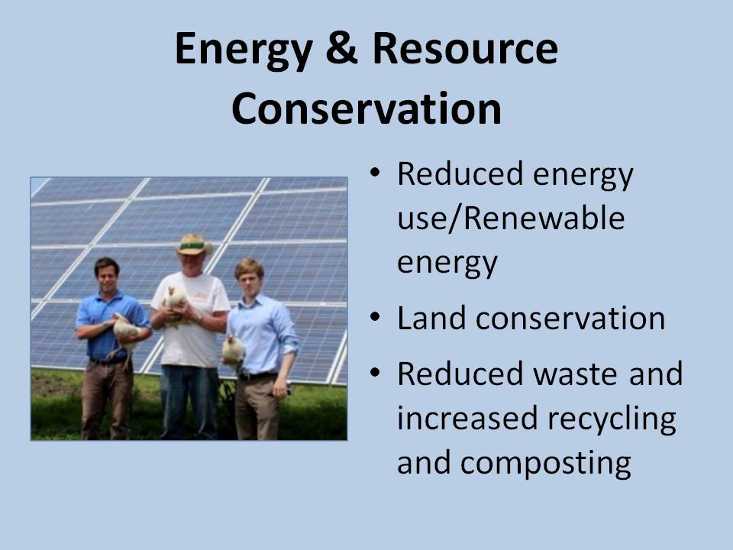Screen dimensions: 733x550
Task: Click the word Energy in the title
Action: [x=244, y=50]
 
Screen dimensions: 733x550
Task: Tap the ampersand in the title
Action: [x=342, y=48]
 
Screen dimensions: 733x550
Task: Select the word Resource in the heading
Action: [x=465, y=48]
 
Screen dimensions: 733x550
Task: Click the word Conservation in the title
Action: [x=366, y=109]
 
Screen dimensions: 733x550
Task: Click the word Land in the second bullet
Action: [x=431, y=318]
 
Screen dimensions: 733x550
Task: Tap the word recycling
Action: [x=612, y=419]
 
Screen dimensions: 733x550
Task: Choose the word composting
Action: [x=545, y=464]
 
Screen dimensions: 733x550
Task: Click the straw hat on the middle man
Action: [x=194, y=244]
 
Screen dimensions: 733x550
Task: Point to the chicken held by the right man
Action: [x=233, y=351]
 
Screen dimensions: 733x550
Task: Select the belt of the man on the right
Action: [x=257, y=376]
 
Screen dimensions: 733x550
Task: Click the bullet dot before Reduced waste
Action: [x=375, y=374]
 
